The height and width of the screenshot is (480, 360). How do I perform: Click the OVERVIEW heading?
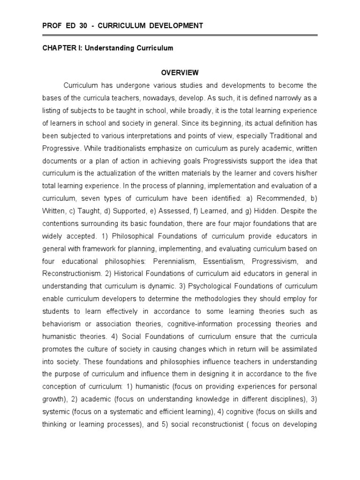[180, 73]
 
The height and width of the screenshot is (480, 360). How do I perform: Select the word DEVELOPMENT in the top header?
[179, 26]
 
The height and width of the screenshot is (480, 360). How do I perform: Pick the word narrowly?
[281, 98]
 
